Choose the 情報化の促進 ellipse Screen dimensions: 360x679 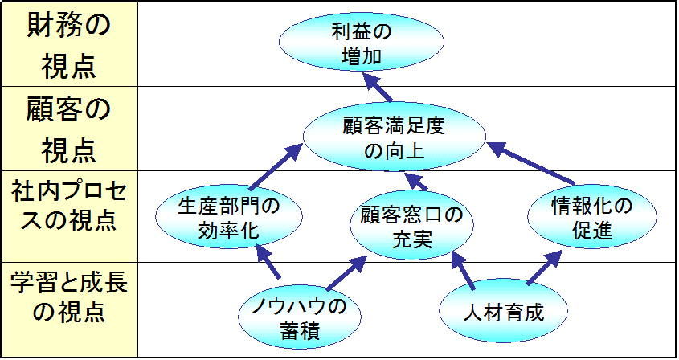(x=592, y=218)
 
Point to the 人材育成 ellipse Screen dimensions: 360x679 (x=504, y=312)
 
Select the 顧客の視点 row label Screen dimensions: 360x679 (x=68, y=129)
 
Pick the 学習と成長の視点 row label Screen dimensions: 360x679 (x=68, y=297)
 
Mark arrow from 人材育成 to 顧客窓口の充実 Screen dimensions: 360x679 (x=465, y=270)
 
